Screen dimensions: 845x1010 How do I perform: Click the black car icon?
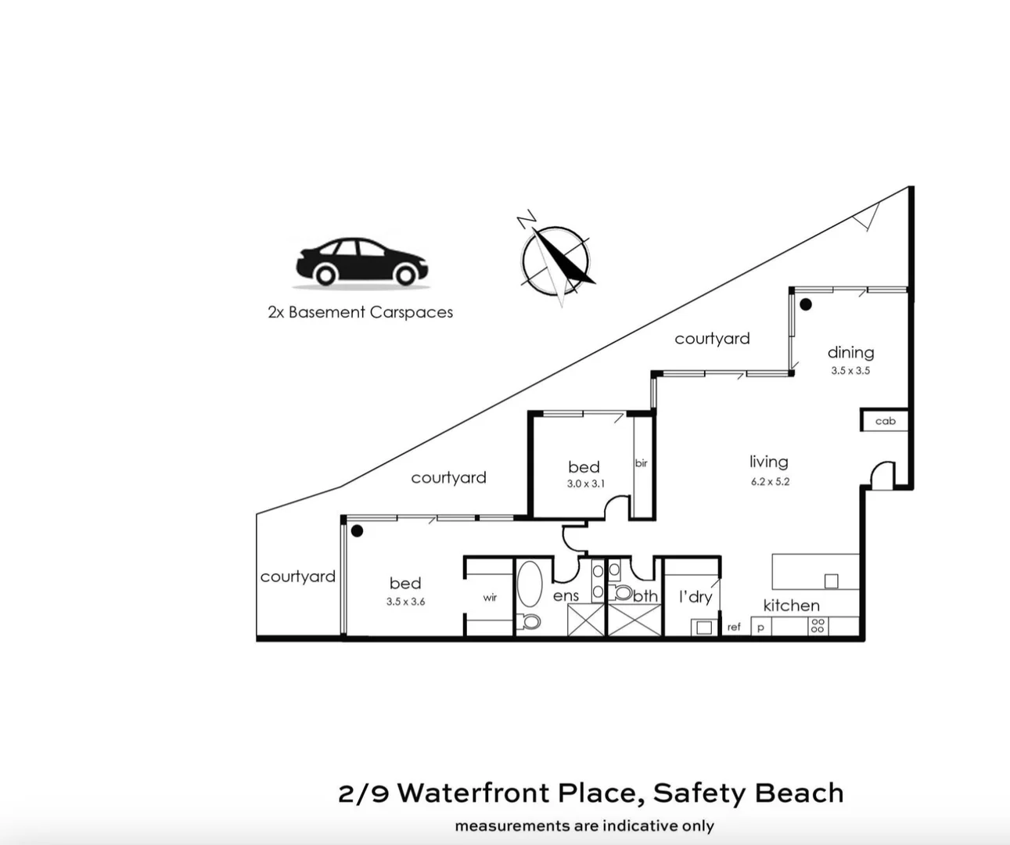pyautogui.click(x=361, y=261)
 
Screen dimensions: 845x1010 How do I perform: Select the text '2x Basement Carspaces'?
pyautogui.click(x=360, y=312)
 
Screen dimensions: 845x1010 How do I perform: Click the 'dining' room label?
pyautogui.click(x=850, y=353)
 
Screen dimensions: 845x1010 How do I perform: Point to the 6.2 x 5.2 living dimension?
pyautogui.click(x=770, y=482)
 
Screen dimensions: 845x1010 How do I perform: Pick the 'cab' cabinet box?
pyautogui.click(x=885, y=421)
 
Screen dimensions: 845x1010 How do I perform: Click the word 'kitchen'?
pyautogui.click(x=791, y=606)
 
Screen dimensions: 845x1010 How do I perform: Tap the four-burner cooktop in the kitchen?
pyautogui.click(x=818, y=626)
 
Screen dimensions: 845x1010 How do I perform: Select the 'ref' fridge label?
pyautogui.click(x=733, y=627)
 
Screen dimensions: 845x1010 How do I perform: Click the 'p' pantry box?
pyautogui.click(x=760, y=627)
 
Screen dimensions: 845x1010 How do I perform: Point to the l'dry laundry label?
pyautogui.click(x=695, y=598)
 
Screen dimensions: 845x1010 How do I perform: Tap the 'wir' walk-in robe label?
pyautogui.click(x=490, y=598)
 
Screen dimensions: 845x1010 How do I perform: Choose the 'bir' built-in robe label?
pyautogui.click(x=642, y=463)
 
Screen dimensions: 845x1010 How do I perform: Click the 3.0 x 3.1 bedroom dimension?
pyautogui.click(x=585, y=484)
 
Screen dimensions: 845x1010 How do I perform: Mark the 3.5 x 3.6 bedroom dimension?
pyautogui.click(x=405, y=602)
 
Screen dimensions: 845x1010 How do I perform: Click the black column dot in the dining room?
pyautogui.click(x=805, y=304)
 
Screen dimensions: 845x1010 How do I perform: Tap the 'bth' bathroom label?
pyautogui.click(x=645, y=596)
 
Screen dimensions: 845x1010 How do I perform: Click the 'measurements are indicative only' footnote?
pyautogui.click(x=584, y=826)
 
